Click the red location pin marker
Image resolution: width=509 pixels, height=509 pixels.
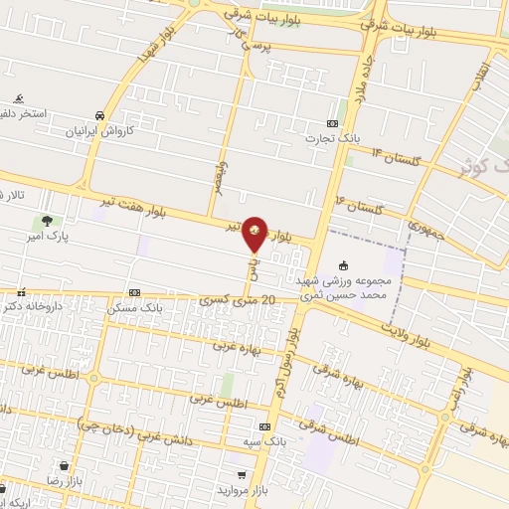tap(255, 233)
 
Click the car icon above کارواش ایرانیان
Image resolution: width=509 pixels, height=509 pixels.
tap(99, 114)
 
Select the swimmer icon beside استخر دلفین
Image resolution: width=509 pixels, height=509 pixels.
tap(19, 98)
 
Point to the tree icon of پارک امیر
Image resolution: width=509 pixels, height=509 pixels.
tap(46, 221)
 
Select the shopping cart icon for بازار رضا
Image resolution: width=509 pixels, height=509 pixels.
tap(64, 465)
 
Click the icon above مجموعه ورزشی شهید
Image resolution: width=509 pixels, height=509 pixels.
tap(343, 265)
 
